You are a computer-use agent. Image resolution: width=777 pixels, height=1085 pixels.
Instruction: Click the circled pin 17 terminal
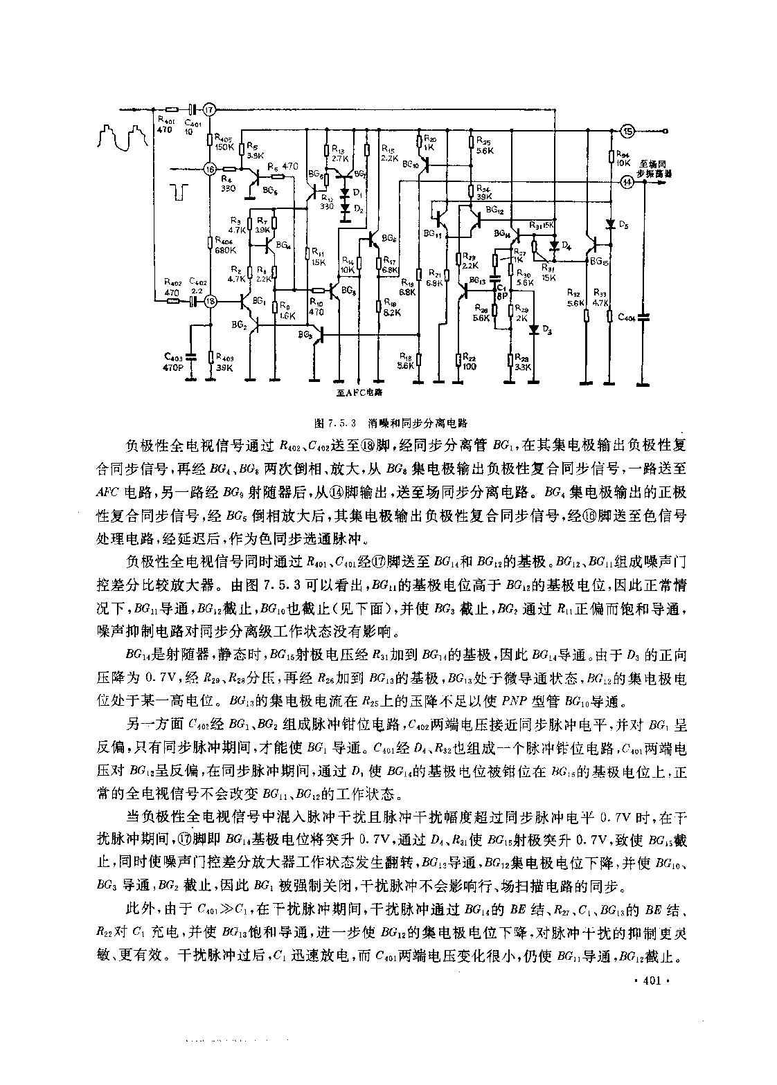211,109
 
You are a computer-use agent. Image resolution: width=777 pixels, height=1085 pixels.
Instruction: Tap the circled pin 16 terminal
211,169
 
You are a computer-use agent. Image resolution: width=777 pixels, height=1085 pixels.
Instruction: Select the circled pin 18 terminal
211,300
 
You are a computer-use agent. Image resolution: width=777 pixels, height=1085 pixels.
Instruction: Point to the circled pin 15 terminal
627,131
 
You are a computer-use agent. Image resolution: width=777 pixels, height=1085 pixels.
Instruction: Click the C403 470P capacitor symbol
192,357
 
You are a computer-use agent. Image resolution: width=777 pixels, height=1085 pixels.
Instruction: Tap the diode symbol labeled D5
610,224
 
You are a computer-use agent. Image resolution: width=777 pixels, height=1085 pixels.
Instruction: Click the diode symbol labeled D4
553,244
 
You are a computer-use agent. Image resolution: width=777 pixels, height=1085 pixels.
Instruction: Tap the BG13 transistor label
477,280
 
